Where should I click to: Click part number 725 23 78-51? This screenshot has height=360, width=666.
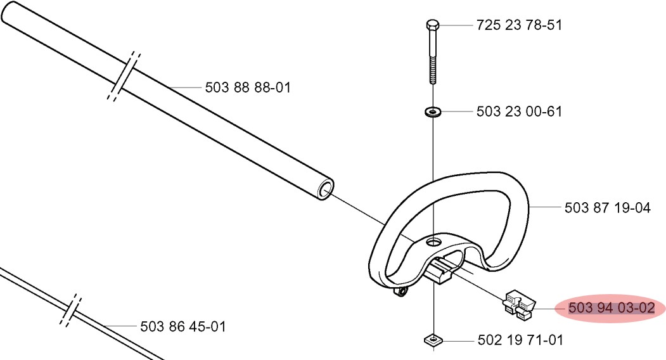point(518,25)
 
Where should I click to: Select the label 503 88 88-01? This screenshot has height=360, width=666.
point(248,87)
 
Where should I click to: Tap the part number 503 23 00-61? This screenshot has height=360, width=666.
point(519,112)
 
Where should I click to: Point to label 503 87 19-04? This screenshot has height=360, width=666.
point(608,208)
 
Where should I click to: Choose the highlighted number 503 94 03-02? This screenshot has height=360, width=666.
point(612,308)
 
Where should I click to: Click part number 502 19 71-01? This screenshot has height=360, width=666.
point(520,340)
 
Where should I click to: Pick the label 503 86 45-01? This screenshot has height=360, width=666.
point(183,326)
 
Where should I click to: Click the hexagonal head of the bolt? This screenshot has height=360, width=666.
point(432,25)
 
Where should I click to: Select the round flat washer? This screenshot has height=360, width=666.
point(433,112)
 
